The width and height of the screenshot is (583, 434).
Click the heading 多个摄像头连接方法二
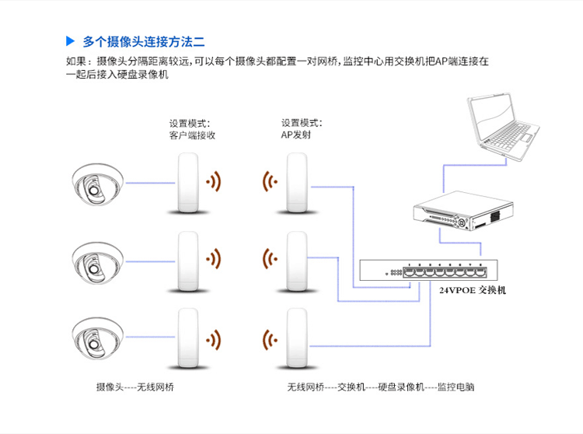(x=143, y=40)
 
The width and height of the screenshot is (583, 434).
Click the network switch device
(x=428, y=270)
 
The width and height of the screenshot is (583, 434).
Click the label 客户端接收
(x=192, y=135)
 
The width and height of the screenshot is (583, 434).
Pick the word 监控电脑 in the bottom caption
(x=456, y=387)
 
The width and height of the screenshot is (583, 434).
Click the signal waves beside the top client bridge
(x=213, y=184)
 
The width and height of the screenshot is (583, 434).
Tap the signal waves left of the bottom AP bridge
(x=271, y=339)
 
